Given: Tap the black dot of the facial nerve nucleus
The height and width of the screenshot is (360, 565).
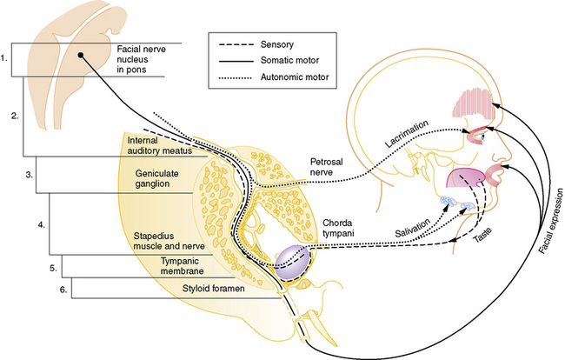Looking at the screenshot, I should pos(81,55).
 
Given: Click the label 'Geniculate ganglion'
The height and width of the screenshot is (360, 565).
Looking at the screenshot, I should pos(161,178).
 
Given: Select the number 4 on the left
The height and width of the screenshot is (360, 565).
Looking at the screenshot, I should pos(40,225).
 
